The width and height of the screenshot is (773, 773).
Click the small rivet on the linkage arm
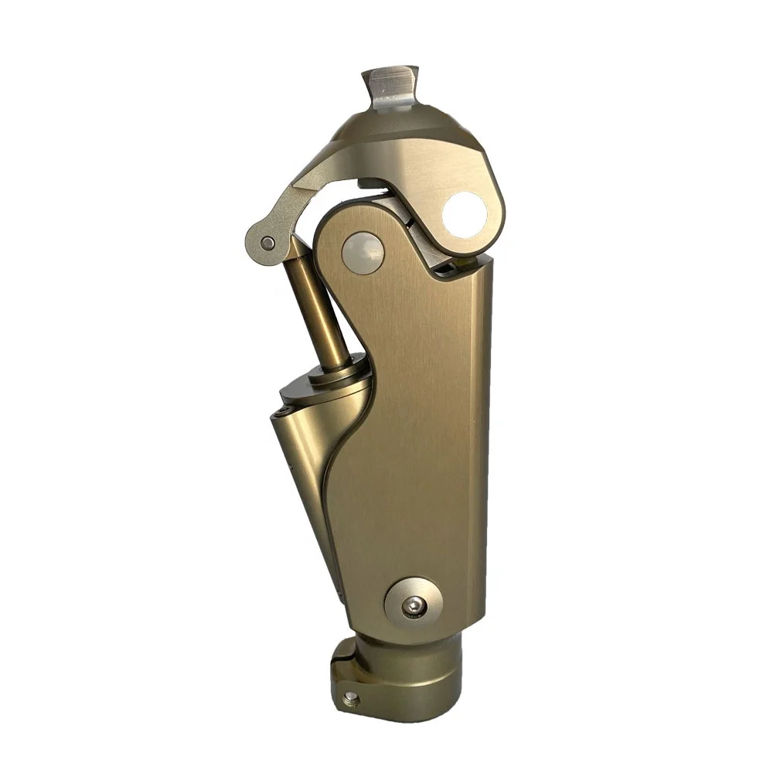pos(267,243)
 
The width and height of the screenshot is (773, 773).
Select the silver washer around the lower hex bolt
pos(403,595)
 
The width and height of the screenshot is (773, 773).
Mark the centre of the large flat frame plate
pos(410,433)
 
